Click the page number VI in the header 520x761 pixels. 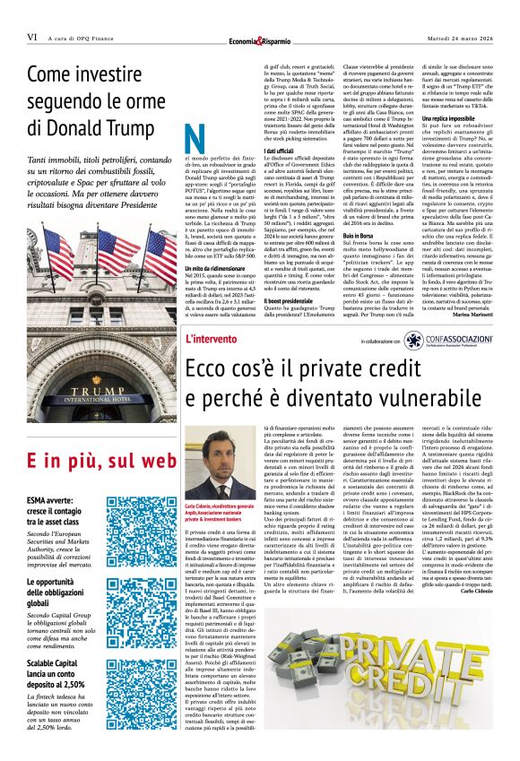point(31,38)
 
